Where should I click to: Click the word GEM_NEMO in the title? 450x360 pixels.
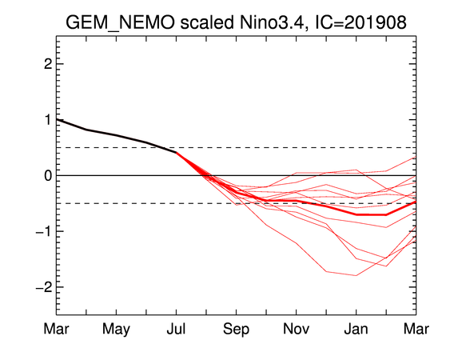(120, 23)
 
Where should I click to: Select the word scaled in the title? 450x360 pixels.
(207, 22)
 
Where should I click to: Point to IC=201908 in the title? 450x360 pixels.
(360, 22)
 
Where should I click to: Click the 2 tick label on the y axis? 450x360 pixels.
(48, 64)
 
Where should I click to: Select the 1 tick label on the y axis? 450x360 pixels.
(48, 120)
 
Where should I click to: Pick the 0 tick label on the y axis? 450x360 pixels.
(48, 175)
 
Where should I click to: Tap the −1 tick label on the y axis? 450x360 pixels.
(44, 231)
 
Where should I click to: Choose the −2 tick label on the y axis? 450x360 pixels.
(44, 287)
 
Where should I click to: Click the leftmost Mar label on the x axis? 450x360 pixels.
(56, 329)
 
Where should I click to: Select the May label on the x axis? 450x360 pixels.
(116, 330)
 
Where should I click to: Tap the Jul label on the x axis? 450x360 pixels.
(176, 329)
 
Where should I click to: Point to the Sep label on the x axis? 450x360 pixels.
(237, 330)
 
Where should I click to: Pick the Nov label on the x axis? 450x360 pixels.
(297, 329)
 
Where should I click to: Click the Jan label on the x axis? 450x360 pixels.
(356, 329)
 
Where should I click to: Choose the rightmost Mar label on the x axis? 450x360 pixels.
(416, 329)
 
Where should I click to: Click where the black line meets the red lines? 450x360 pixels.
(176, 152)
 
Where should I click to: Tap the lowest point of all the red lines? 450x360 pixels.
(356, 275)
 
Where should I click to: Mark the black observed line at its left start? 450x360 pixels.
(57, 119)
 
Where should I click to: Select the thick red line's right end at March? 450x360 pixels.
(416, 202)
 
